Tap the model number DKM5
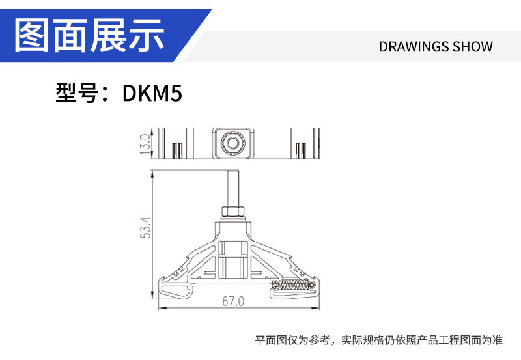pos(152,94)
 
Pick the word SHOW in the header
pos(473,47)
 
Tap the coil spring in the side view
pos(290,285)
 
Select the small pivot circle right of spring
pos(313,285)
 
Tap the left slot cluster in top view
pos(176,150)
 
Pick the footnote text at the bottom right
pos(378,340)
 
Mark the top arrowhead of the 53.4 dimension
pos(152,173)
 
